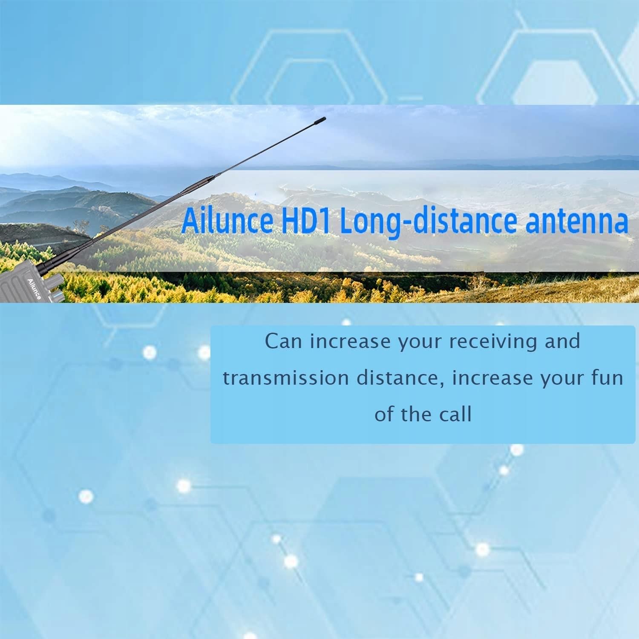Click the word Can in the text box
click(283, 341)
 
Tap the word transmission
click(286, 378)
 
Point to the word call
click(455, 414)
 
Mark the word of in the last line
click(384, 414)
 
